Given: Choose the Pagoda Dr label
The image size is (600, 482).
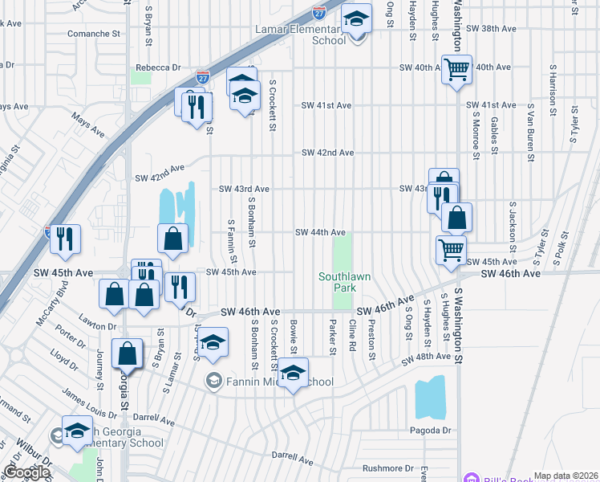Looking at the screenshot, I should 435,431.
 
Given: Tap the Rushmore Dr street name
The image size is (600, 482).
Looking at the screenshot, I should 386,468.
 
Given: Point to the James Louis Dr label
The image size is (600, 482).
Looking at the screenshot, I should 89,406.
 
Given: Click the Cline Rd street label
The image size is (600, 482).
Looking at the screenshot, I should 352,336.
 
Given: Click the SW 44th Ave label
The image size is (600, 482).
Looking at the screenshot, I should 320,232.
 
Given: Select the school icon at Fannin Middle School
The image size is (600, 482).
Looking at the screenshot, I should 294,374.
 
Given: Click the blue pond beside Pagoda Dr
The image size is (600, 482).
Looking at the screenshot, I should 430,398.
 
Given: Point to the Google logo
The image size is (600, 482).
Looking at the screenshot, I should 26,472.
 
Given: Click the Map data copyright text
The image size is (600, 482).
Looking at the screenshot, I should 566,476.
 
